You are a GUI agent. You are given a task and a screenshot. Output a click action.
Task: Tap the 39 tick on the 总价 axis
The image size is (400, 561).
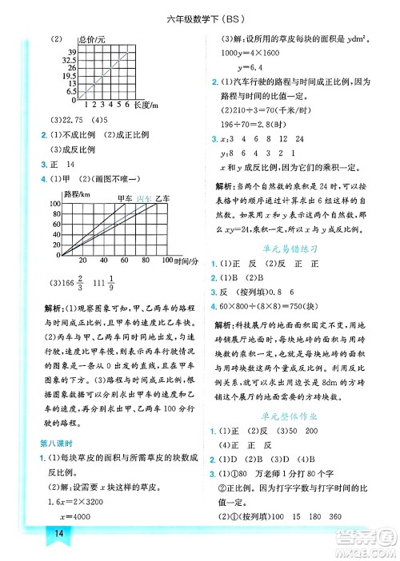[x=70, y=50]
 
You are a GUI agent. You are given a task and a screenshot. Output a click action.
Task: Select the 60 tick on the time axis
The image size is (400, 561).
[x=123, y=261]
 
